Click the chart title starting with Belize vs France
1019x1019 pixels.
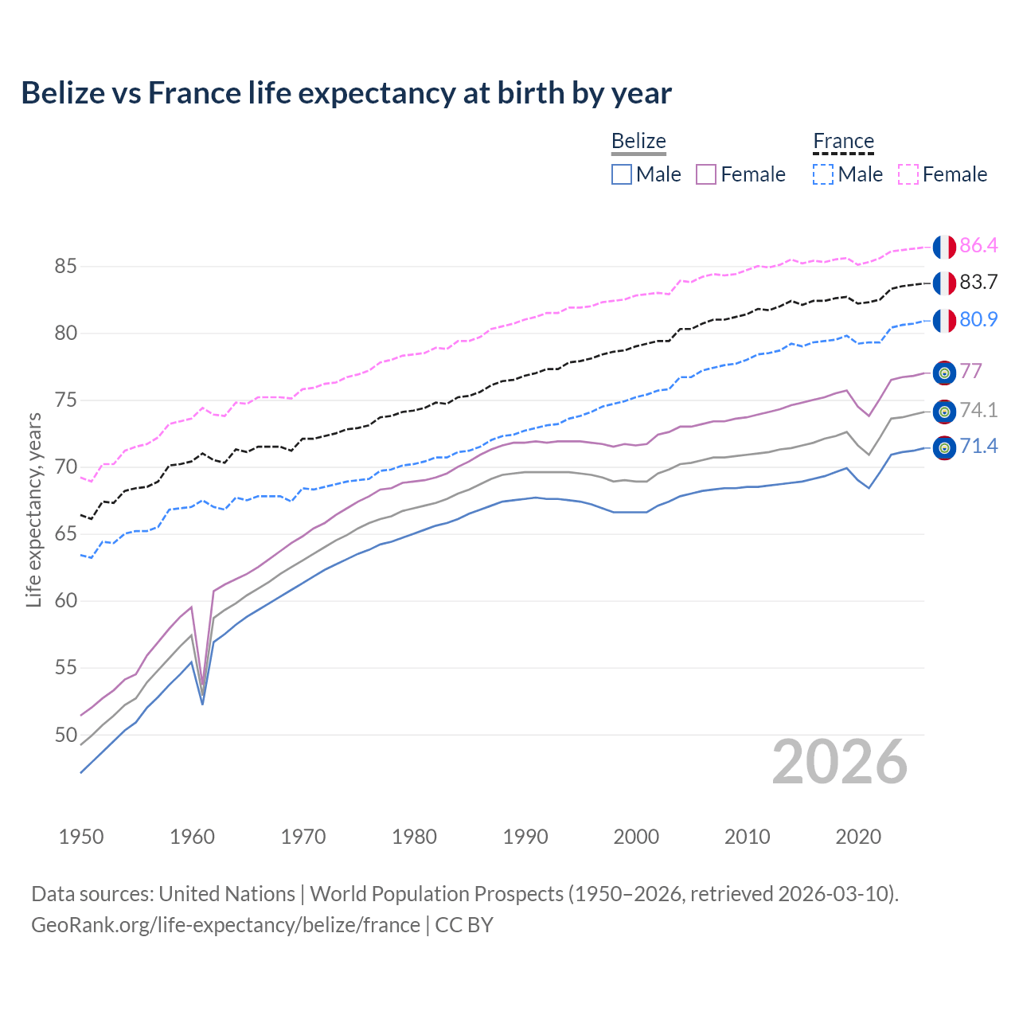click(x=346, y=93)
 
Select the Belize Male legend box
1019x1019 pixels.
click(x=622, y=174)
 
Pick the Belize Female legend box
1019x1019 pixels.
click(x=706, y=174)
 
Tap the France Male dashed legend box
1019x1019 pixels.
click(x=823, y=174)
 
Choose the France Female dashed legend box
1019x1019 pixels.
click(x=908, y=174)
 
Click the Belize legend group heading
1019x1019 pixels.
click(x=638, y=142)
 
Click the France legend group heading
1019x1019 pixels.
click(x=843, y=142)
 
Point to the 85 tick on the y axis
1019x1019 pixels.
click(x=66, y=267)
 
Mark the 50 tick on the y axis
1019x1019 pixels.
click(x=66, y=735)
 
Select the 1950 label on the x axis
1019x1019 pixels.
click(x=81, y=837)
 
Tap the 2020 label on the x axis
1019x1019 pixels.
click(x=858, y=837)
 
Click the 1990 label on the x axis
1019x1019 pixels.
click(x=525, y=837)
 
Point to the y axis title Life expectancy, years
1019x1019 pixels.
click(x=33, y=509)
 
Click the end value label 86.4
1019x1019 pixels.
click(x=978, y=246)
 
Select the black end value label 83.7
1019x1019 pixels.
click(x=978, y=283)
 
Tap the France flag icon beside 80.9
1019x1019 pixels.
click(x=944, y=320)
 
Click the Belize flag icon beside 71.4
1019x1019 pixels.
click(x=944, y=448)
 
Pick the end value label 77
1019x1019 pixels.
click(x=970, y=372)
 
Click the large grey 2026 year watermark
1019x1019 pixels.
click(x=839, y=762)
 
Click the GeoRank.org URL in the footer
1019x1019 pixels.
click(x=225, y=925)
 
